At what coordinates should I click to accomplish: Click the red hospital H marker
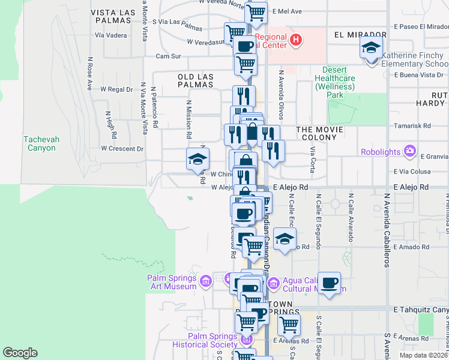pos(295,41)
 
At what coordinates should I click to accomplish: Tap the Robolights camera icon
pos(410,150)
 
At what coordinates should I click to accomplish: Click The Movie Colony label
pos(320,134)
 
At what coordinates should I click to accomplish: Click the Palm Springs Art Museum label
pos(172,282)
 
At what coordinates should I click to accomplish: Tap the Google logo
pos(20,353)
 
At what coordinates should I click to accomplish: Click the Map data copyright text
pos(423,355)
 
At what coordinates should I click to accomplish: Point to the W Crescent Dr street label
pos(122,148)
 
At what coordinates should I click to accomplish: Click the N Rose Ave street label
pos(89,73)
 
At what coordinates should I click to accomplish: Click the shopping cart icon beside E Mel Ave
pos(256,12)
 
